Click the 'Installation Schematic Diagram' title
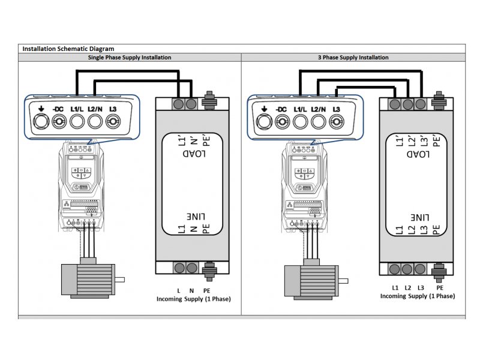[68, 49]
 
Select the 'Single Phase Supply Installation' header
[130, 58]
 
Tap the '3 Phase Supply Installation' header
[353, 58]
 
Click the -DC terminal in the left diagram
[58, 122]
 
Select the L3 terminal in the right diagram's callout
[337, 122]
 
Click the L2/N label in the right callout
[319, 109]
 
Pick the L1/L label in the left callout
[77, 109]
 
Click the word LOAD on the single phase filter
[194, 154]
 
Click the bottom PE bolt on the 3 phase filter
[439, 268]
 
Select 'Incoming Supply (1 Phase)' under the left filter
[194, 299]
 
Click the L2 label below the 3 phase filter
[408, 288]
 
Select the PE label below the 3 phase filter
[439, 288]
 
